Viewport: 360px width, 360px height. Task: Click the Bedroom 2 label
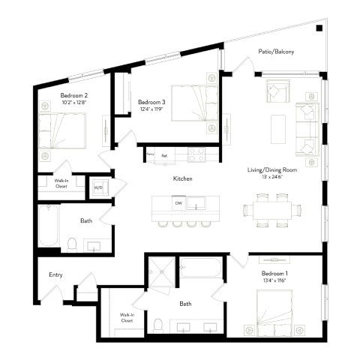[x=74, y=95]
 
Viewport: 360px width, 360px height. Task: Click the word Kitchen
[x=183, y=179]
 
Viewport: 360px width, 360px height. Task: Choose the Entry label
[x=55, y=275]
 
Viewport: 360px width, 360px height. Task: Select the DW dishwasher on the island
[x=178, y=202]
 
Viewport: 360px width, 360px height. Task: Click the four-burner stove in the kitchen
[x=196, y=154]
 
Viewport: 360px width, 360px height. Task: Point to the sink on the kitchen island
[x=199, y=202]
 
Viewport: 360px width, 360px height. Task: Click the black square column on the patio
[x=319, y=28]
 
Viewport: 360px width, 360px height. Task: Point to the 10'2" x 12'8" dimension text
[x=74, y=103]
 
